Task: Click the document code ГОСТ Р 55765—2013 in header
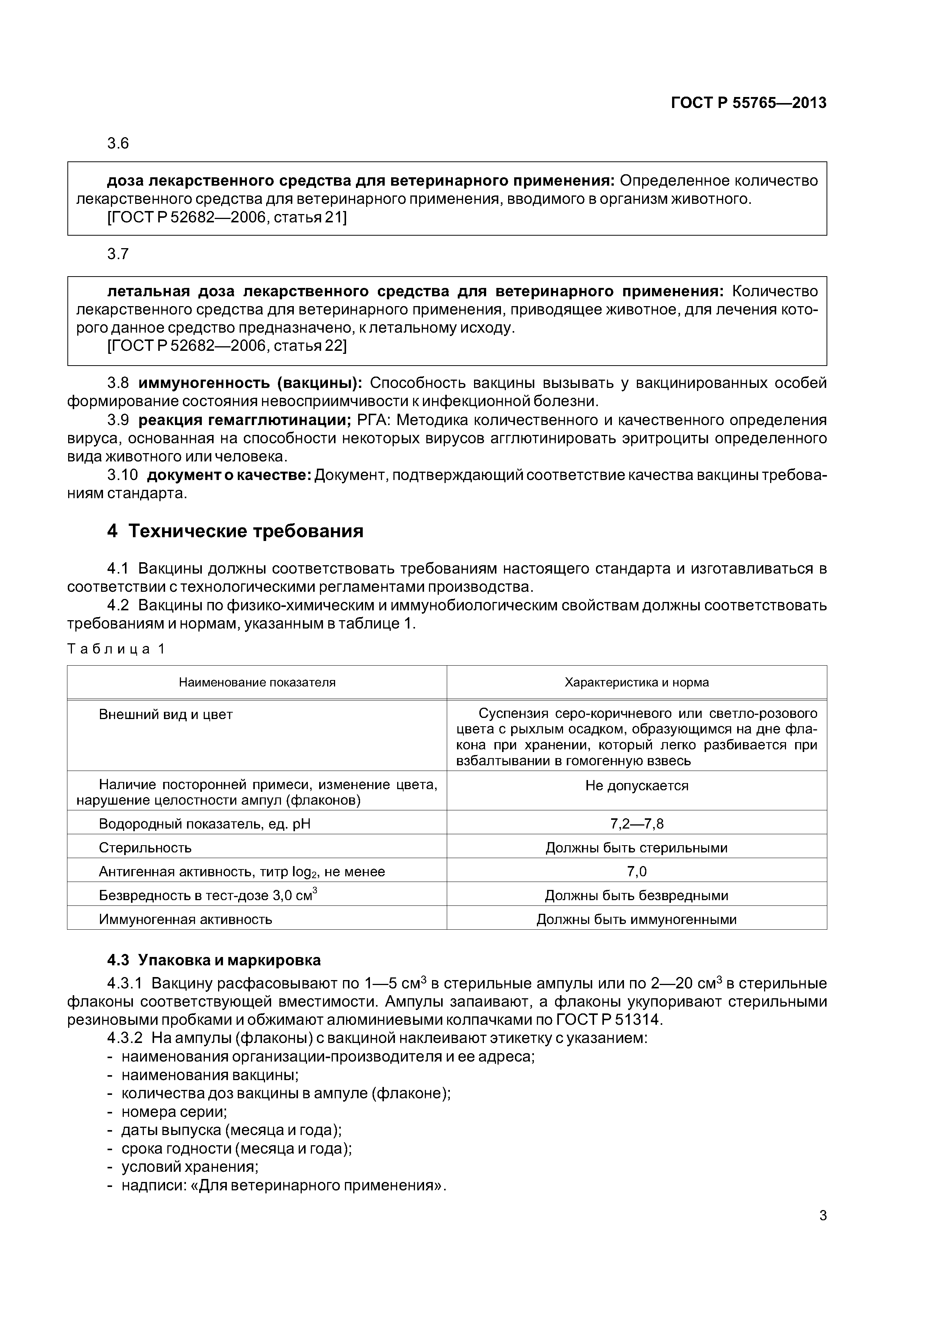pos(748,103)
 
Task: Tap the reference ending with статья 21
pos(227,217)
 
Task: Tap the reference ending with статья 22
pos(227,346)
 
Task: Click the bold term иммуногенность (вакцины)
pos(250,383)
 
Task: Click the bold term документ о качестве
pos(229,475)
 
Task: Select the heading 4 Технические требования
pos(235,531)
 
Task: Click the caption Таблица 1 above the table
pos(116,649)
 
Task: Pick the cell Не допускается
pos(636,786)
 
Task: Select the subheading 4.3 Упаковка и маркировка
pos(214,960)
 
